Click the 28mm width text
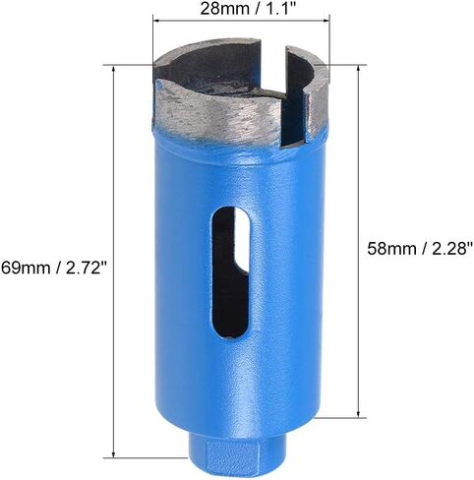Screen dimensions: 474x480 click(x=223, y=8)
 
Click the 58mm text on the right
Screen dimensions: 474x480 click(x=391, y=248)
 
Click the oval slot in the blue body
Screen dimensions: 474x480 click(x=229, y=272)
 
